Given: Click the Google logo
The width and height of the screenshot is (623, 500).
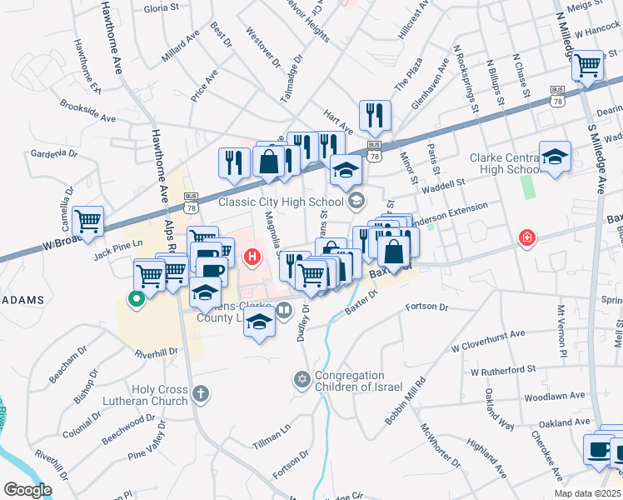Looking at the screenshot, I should point(28,489).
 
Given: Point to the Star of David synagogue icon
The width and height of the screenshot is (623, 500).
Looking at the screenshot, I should point(302,380).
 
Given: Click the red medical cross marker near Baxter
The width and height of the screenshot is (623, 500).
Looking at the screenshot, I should point(526,239).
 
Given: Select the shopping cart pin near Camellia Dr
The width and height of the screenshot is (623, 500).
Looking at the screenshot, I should point(88,221).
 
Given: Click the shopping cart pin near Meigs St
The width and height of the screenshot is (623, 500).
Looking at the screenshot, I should point(588,64).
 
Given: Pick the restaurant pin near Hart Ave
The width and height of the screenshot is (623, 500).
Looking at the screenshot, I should point(375,115).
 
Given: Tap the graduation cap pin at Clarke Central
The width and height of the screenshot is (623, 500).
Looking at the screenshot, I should point(555,157).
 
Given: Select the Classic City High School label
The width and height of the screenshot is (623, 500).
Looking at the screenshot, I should point(281,201).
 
